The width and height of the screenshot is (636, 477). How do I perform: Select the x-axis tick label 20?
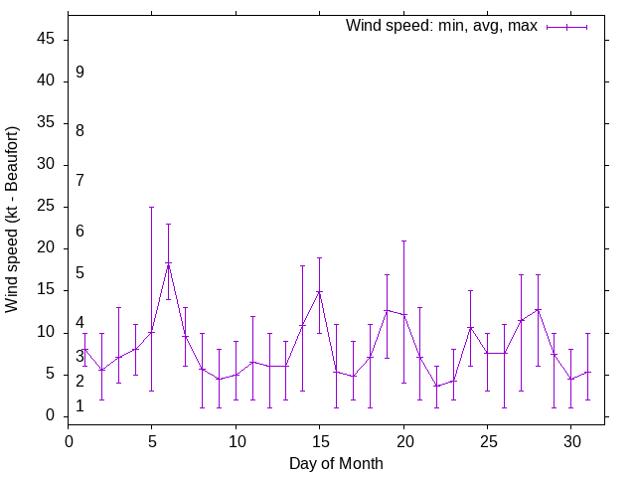[x=403, y=440]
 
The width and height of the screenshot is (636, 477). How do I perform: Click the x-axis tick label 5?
[x=152, y=440]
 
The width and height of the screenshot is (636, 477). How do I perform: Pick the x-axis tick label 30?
[x=570, y=440]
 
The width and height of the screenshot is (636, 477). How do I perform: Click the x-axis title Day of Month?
[x=336, y=463]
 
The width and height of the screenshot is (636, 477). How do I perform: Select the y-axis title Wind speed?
[x=13, y=219]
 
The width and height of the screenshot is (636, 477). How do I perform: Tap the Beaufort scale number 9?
[x=79, y=73]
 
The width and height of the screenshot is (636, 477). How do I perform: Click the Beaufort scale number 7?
[x=79, y=180]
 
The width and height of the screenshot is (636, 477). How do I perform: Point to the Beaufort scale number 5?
[x=79, y=273]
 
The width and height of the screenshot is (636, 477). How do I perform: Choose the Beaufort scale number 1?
[x=79, y=406]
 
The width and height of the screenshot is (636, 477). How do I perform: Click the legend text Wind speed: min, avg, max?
[x=441, y=26]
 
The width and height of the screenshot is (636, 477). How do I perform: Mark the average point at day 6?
[x=169, y=263]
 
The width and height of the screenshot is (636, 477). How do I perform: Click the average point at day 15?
[x=319, y=291]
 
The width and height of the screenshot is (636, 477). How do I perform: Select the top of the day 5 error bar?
[x=152, y=207]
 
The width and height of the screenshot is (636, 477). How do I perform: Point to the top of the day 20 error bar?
[x=403, y=240]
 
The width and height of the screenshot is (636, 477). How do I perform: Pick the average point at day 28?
[x=538, y=309]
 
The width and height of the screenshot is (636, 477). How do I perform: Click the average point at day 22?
[x=436, y=386]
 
